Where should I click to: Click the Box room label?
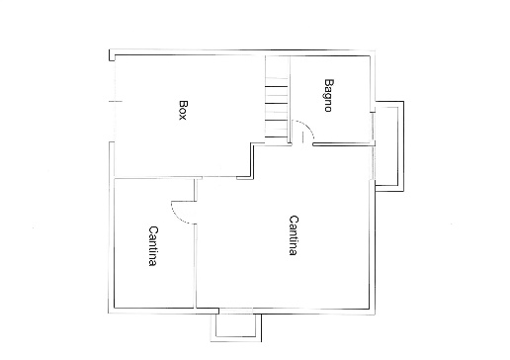point(183,110)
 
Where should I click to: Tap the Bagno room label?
point(328,95)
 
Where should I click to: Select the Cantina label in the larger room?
point(294,235)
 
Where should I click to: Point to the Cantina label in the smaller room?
point(152,246)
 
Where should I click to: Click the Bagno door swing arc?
point(308,126)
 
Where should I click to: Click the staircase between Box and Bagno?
point(278,98)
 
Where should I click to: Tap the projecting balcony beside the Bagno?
point(389,146)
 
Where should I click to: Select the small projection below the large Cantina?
point(236,327)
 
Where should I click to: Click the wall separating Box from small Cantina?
point(157,178)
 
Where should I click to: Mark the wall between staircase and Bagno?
point(290,100)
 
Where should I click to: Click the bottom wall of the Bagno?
point(343,144)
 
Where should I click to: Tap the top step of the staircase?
point(278,79)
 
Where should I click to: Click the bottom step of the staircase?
point(278,137)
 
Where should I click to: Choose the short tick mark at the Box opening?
point(116,101)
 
